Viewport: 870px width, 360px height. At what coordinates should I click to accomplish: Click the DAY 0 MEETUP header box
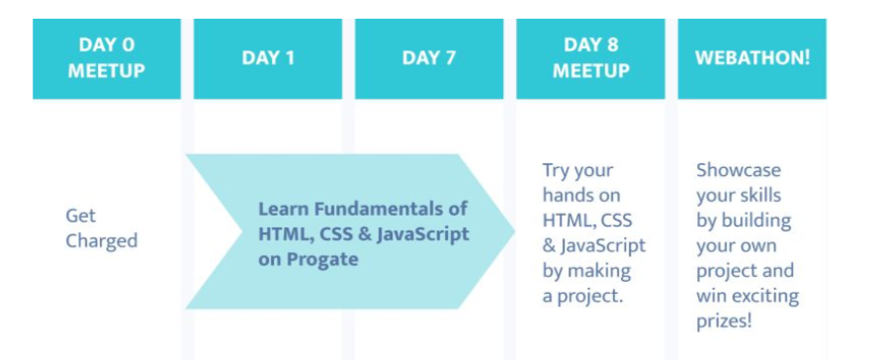pyautogui.click(x=107, y=58)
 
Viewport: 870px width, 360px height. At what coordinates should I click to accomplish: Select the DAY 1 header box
pyautogui.click(x=268, y=58)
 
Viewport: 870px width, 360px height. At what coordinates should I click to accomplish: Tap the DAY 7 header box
pyautogui.click(x=429, y=58)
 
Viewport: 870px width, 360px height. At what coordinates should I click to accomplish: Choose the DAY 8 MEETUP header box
pyautogui.click(x=590, y=58)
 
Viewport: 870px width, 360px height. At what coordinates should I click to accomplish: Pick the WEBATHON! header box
pyautogui.click(x=751, y=58)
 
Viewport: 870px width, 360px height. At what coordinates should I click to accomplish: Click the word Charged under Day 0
pyautogui.click(x=102, y=241)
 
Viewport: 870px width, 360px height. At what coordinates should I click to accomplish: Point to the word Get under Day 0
pyautogui.click(x=80, y=216)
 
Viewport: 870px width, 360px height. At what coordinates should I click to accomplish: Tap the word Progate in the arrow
pyautogui.click(x=322, y=259)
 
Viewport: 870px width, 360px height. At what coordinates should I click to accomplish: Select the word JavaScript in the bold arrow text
pyautogui.click(x=423, y=234)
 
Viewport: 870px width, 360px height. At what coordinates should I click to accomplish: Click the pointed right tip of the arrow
pyautogui.click(x=515, y=231)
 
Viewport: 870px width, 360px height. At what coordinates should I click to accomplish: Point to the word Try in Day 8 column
pyautogui.click(x=557, y=170)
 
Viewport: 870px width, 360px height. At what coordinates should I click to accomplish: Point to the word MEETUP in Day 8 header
pyautogui.click(x=591, y=71)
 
